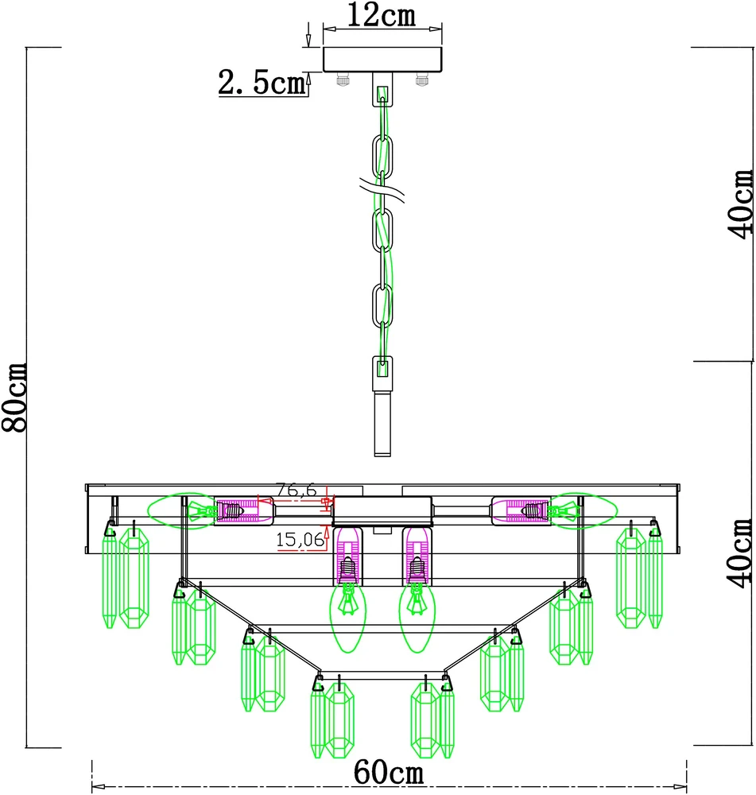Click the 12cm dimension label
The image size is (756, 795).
382,15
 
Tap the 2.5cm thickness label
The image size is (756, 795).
262,82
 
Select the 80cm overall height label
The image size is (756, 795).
14,397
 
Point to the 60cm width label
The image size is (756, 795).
389,773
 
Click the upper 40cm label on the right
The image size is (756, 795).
741,204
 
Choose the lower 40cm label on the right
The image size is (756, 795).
741,553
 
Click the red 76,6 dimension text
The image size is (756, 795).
297,491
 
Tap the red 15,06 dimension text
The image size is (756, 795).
300,540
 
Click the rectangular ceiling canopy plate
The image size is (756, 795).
382,60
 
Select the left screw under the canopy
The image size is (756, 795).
343,79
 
